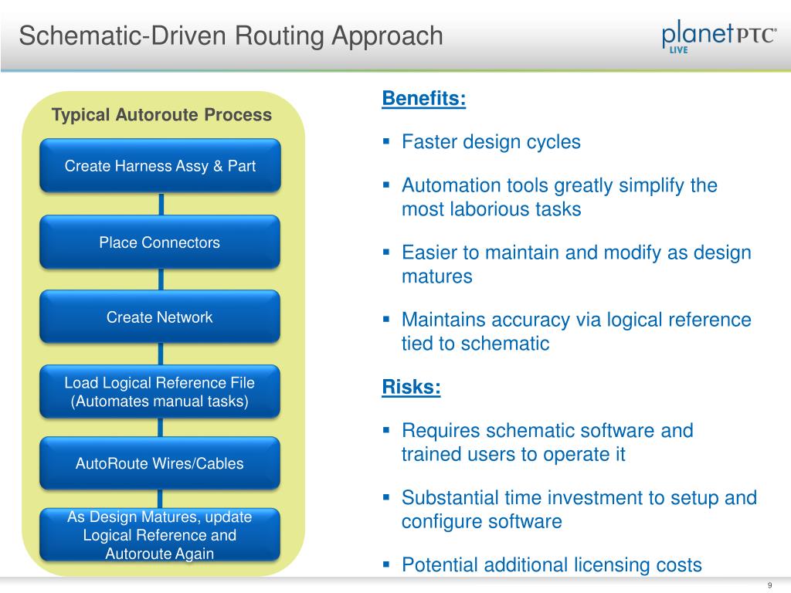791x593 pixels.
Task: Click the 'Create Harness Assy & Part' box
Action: coord(160,165)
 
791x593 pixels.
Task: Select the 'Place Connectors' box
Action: coord(160,242)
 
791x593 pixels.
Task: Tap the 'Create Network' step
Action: coord(160,317)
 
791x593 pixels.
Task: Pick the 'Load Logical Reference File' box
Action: coord(160,391)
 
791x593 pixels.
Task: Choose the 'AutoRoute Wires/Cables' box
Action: coord(160,463)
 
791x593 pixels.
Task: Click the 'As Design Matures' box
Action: coord(160,534)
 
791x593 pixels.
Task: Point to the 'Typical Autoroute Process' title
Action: coord(161,115)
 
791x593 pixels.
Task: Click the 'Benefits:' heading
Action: coord(424,99)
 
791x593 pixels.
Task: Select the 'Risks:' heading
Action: coord(411,388)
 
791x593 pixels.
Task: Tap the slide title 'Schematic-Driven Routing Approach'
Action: coord(231,36)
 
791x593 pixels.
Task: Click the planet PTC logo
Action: coord(718,37)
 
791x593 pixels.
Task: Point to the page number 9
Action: coord(770,585)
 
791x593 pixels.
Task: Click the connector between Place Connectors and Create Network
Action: coord(161,279)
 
